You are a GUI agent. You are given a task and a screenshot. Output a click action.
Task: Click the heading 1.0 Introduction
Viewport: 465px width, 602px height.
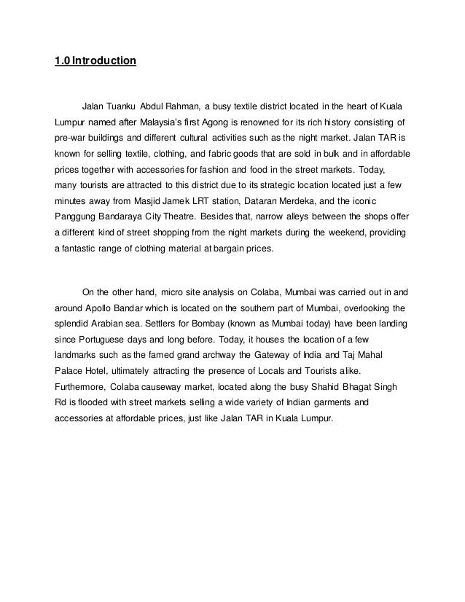pyautogui.click(x=95, y=60)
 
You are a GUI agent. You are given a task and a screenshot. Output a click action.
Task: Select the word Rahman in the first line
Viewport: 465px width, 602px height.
pyautogui.click(x=182, y=104)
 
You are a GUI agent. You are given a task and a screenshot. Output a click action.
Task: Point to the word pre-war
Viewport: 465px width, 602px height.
pyautogui.click(x=71, y=138)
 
